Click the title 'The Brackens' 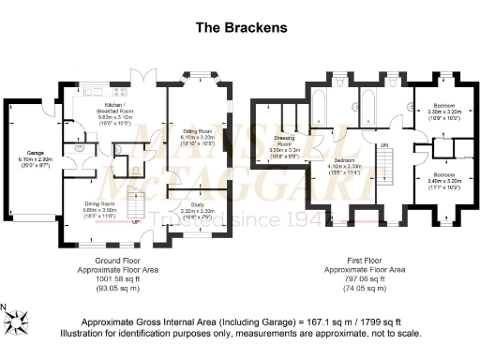pyautogui.click(x=239, y=27)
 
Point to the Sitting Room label pyautogui.click(x=195, y=135)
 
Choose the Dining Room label pyautogui.click(x=97, y=208)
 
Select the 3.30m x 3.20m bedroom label pyautogui.click(x=442, y=111)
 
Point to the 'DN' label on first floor pyautogui.click(x=382, y=144)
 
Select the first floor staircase pyautogui.click(x=388, y=169)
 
